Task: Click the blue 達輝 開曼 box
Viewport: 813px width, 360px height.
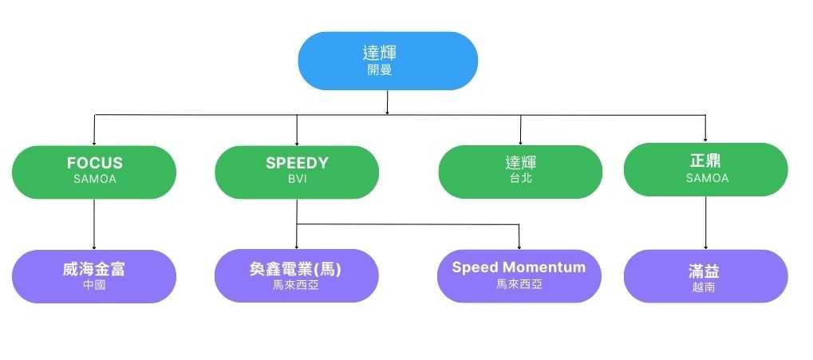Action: point(388,60)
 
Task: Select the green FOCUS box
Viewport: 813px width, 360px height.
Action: point(94,171)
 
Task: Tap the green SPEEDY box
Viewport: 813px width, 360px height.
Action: point(297,171)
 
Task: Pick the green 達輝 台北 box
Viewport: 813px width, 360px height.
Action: point(519,171)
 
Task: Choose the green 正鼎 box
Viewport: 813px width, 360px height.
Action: point(705,169)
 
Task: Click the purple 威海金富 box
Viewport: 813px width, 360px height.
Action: point(94,276)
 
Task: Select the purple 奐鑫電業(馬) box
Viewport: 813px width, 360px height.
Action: point(297,276)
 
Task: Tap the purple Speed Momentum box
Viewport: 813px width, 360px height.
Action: point(519,275)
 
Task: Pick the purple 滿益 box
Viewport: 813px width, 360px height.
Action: point(705,276)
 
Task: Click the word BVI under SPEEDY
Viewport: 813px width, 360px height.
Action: point(297,179)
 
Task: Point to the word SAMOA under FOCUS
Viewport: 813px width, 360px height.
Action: point(94,179)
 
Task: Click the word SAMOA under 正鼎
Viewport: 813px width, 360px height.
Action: point(707,178)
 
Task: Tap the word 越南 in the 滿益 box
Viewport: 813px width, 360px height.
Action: point(704,287)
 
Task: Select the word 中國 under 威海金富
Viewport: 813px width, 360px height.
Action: point(94,284)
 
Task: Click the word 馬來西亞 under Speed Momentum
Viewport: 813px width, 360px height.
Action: point(519,283)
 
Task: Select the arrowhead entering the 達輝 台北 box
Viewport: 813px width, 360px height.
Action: point(520,142)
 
